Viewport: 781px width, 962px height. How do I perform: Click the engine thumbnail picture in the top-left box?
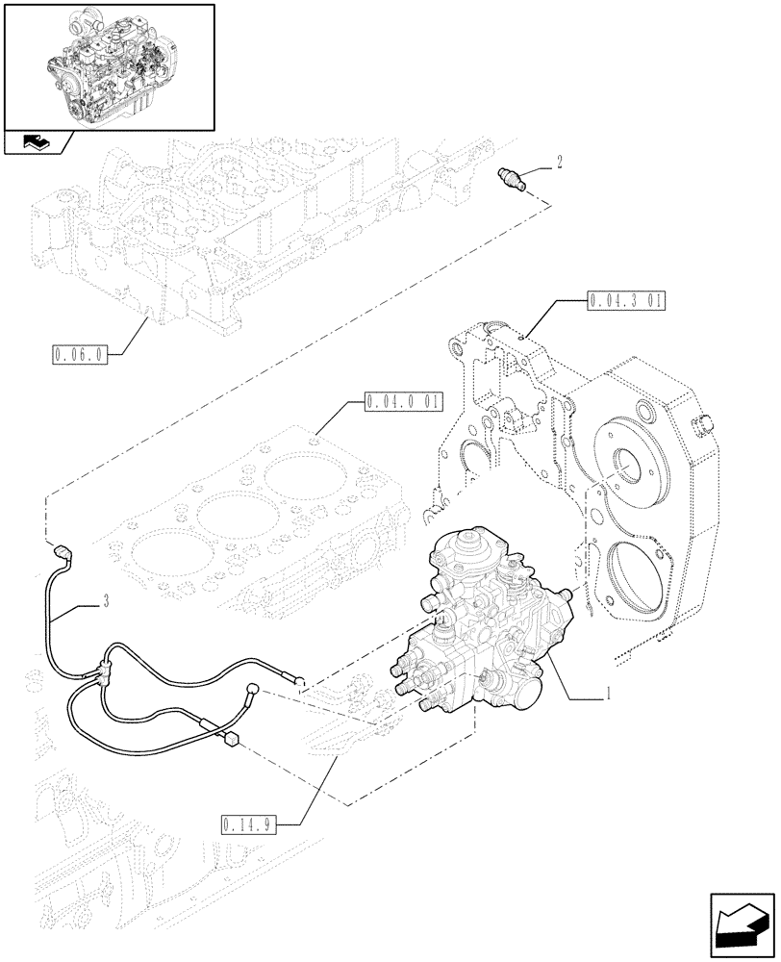click(108, 64)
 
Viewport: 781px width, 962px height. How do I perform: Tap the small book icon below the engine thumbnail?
click(36, 143)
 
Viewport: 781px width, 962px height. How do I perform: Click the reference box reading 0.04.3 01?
click(624, 301)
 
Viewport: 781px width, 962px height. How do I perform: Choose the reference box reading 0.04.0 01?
click(400, 400)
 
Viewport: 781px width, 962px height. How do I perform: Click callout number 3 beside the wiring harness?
click(105, 602)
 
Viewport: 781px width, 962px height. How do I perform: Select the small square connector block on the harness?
click(230, 739)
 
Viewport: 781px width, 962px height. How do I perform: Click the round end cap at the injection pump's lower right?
click(516, 699)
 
